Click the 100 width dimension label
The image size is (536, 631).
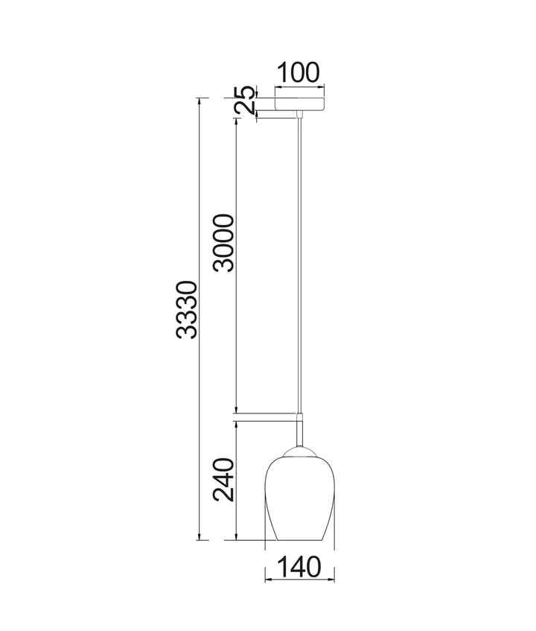click(x=299, y=73)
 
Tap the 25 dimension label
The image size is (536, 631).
click(x=245, y=99)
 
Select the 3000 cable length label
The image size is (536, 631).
click(x=223, y=243)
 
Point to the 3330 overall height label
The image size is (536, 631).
click(x=187, y=309)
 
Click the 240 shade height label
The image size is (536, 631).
click(x=223, y=480)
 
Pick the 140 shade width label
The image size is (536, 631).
click(x=299, y=567)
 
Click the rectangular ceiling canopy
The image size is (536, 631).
click(x=299, y=104)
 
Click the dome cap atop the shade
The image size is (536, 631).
click(x=299, y=451)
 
